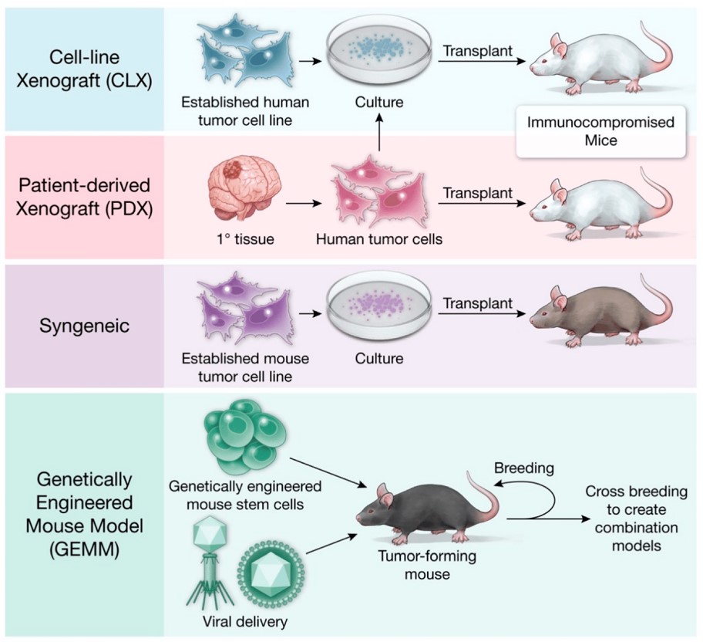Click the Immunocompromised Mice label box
[x=600, y=131]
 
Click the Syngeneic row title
[x=85, y=325]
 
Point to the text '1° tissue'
[x=240, y=239]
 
